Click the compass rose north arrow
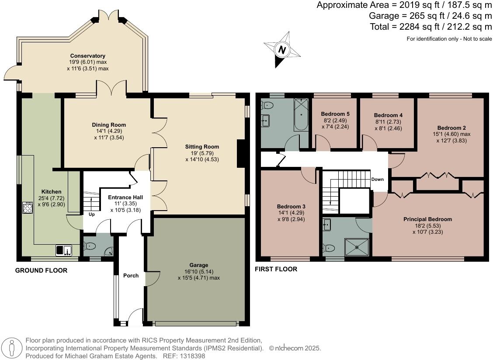tap(282, 49)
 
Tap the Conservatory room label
tap(87, 56)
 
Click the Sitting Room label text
tap(202, 147)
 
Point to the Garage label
tap(199, 265)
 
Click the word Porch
tap(131, 276)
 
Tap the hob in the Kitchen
tap(27, 208)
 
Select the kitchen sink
tap(64, 250)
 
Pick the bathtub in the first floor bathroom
tap(301, 114)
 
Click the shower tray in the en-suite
tap(357, 247)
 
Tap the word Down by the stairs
tap(378, 180)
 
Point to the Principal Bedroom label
tap(427, 219)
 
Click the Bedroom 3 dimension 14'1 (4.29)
tap(291, 213)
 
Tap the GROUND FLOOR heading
tap(42, 270)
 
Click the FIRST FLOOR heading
tap(276, 269)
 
